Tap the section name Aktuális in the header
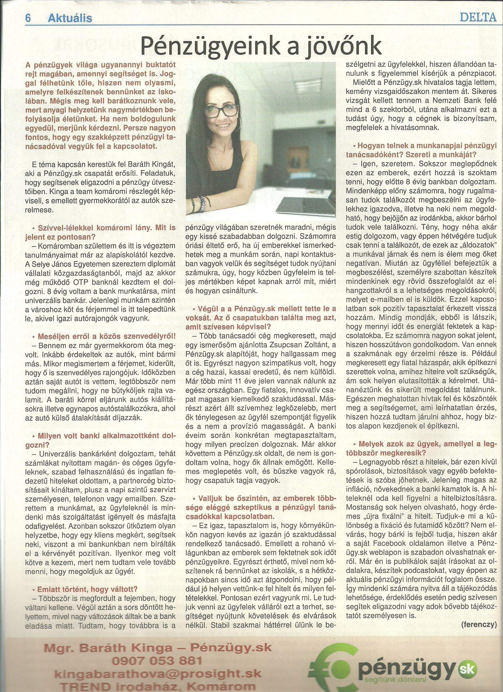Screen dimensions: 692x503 70,19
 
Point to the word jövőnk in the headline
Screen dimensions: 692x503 344,46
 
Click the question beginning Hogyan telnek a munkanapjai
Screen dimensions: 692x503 422,147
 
